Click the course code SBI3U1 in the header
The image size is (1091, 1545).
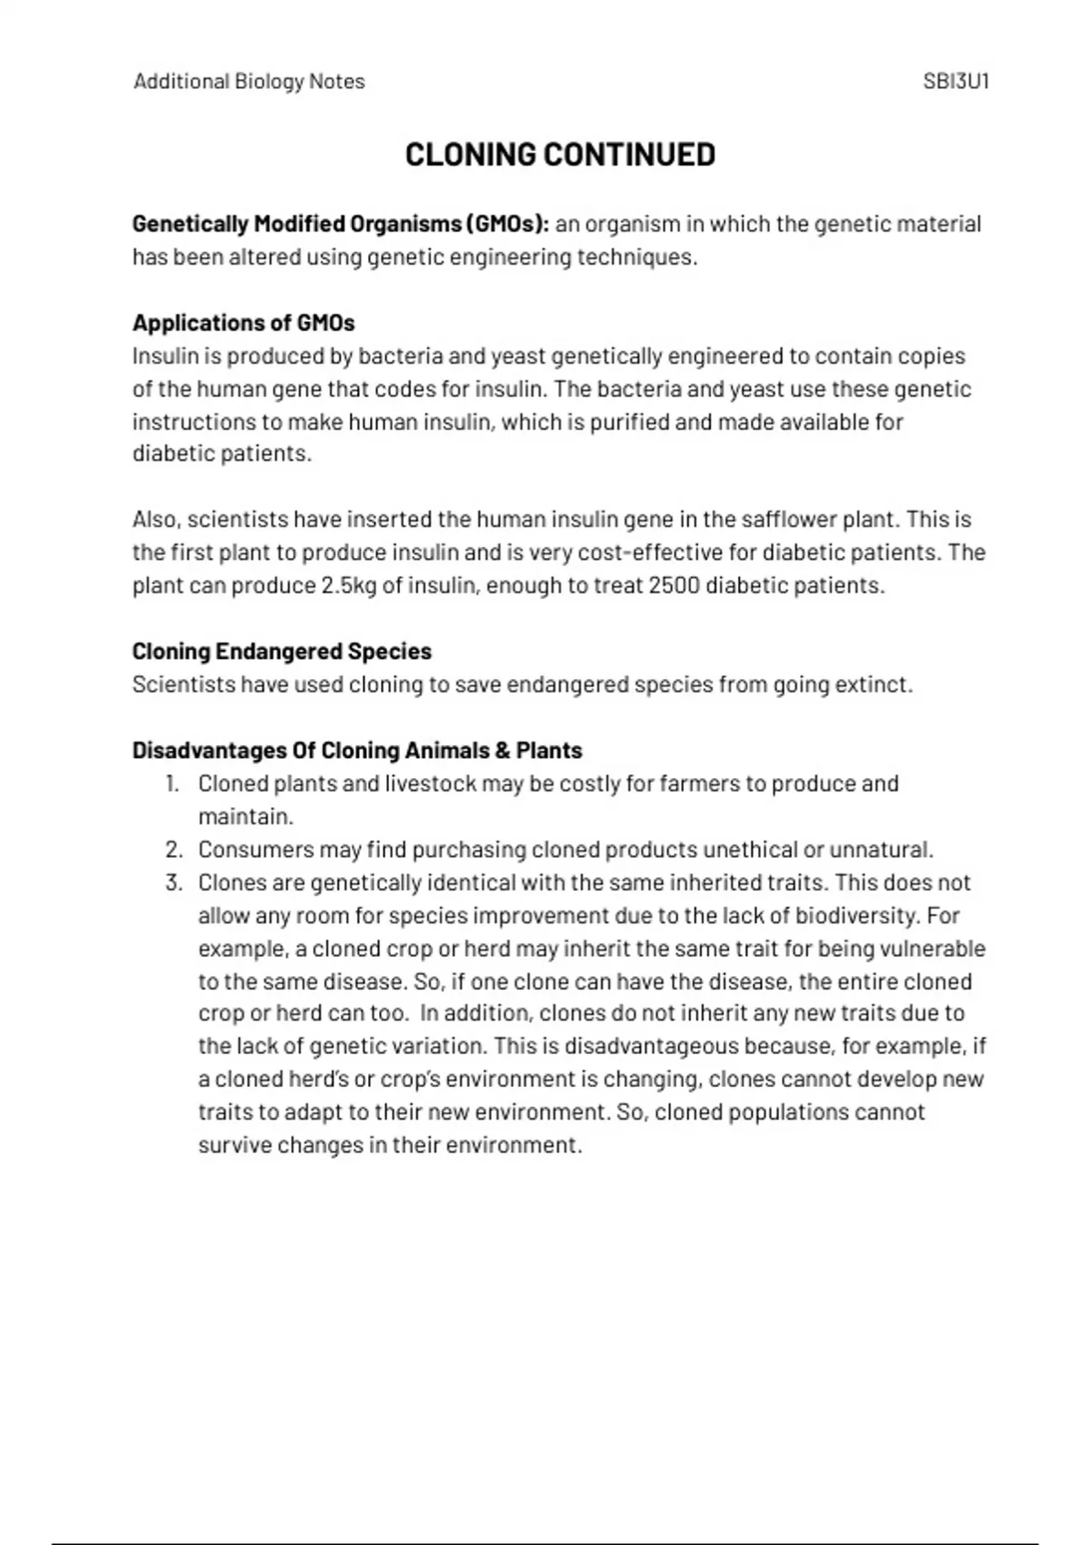[x=956, y=82]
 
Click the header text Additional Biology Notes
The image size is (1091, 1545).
[x=249, y=82]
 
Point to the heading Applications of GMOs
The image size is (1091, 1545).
[x=244, y=323]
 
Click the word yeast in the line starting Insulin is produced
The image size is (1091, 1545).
[x=518, y=356]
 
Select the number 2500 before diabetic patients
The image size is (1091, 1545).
[x=674, y=585]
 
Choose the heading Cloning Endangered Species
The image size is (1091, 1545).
[x=282, y=652]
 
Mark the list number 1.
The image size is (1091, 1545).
[x=173, y=783]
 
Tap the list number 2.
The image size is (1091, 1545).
[x=174, y=850]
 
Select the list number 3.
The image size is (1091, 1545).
[x=174, y=882]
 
